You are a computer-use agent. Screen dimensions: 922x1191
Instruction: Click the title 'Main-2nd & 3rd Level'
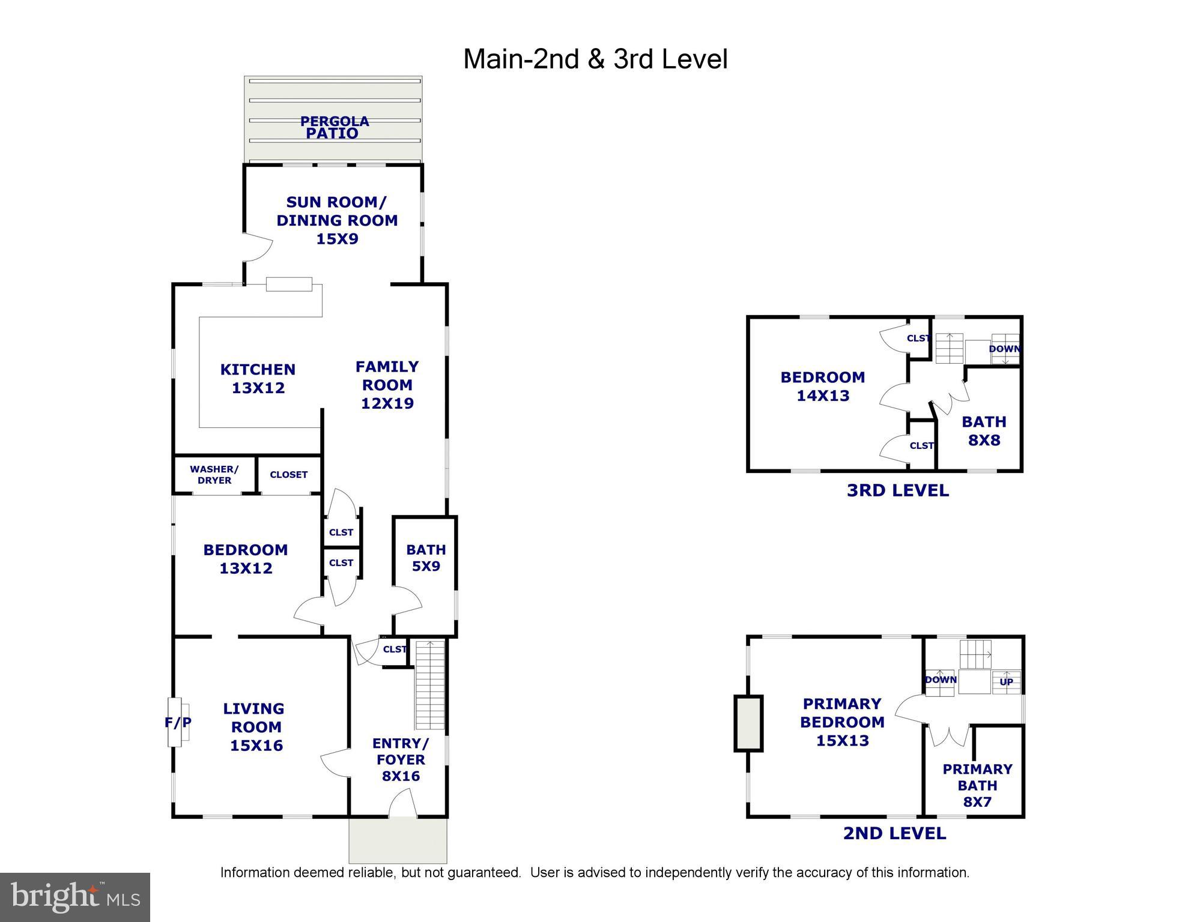tap(595, 59)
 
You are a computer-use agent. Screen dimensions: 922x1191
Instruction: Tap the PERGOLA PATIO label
tap(334, 127)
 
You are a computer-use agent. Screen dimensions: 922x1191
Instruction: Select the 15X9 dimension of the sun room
tap(337, 239)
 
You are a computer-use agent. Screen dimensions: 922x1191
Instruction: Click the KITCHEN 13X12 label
tap(258, 378)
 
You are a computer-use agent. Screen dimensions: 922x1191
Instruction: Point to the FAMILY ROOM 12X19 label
tap(387, 385)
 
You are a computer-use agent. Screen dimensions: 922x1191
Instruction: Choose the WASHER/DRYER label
tap(214, 475)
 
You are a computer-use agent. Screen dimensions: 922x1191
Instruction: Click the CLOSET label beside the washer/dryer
tap(288, 475)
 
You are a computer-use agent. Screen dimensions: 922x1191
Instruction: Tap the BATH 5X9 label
tap(425, 558)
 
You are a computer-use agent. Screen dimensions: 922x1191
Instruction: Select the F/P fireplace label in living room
tap(178, 723)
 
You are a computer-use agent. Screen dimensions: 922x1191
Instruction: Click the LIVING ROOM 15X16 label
tap(256, 727)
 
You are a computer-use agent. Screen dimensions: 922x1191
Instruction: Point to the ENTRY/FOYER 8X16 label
tap(401, 760)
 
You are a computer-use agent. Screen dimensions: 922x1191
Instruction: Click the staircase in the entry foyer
tap(430, 684)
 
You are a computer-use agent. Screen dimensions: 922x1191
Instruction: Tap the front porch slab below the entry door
tap(398, 840)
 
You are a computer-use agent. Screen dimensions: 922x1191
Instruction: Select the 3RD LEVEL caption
tap(897, 490)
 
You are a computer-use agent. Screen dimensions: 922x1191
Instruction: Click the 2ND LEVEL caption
tap(894, 833)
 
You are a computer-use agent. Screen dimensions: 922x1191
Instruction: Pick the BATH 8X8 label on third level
tap(984, 431)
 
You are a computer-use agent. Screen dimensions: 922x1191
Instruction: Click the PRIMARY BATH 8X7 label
tap(977, 786)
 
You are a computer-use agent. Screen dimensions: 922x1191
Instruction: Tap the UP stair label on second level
tap(1006, 682)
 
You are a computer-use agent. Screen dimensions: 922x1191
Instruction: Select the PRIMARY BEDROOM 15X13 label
tap(842, 722)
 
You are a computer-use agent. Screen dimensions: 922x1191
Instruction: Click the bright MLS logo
tap(75, 897)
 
